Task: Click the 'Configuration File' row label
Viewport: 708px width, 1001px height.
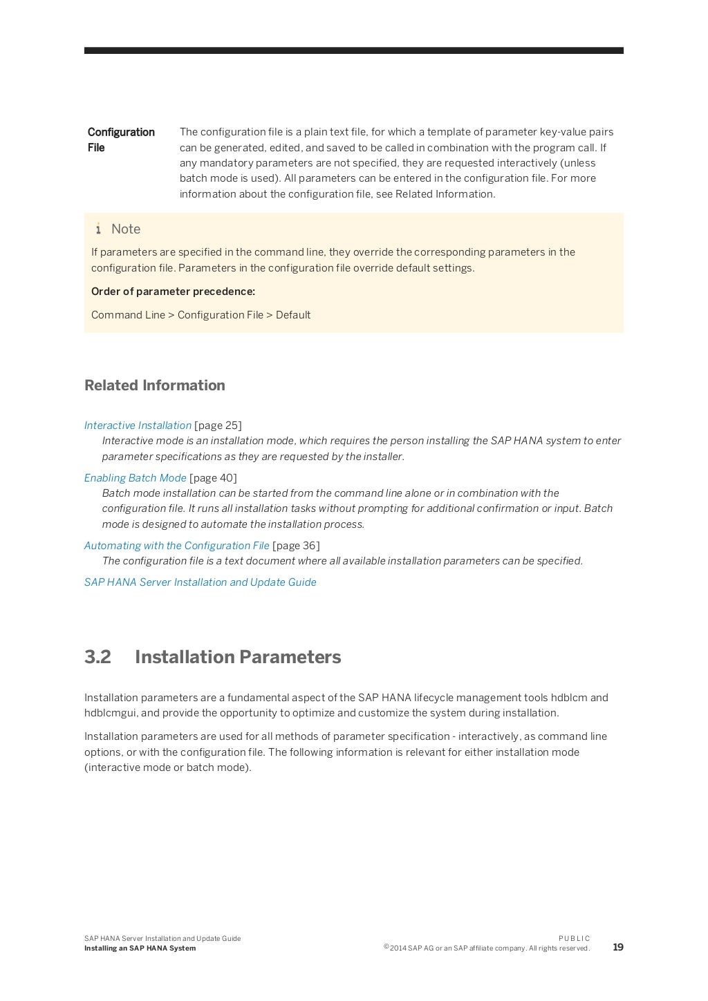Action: click(x=121, y=140)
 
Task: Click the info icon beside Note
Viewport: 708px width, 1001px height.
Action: click(x=98, y=229)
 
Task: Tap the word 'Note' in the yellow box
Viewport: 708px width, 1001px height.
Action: click(x=126, y=229)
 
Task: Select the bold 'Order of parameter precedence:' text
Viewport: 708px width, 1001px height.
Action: click(x=173, y=292)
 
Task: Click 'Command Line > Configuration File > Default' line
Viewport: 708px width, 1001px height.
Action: click(x=201, y=315)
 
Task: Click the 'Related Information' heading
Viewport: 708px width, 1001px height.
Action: click(x=154, y=385)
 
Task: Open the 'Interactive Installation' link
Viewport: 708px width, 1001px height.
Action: click(x=138, y=426)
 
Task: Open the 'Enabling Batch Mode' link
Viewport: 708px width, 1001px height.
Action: click(x=135, y=478)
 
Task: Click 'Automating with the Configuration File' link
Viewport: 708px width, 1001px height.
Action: click(x=176, y=546)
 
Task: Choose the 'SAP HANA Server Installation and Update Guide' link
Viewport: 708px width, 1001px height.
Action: click(x=200, y=582)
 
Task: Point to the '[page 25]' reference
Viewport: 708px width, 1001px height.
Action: click(x=218, y=426)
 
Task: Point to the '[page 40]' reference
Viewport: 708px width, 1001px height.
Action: click(x=213, y=478)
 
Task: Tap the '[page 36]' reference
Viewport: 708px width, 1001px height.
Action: click(x=296, y=546)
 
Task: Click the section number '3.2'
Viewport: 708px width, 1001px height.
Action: click(x=97, y=657)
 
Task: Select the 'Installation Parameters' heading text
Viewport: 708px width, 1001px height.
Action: click(x=238, y=657)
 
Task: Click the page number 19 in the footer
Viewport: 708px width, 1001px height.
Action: click(x=617, y=947)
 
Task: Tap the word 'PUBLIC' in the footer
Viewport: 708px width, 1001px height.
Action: click(x=574, y=938)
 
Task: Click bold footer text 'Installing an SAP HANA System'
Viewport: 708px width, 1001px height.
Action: click(x=140, y=948)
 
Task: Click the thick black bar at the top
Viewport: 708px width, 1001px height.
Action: click(x=353, y=50)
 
